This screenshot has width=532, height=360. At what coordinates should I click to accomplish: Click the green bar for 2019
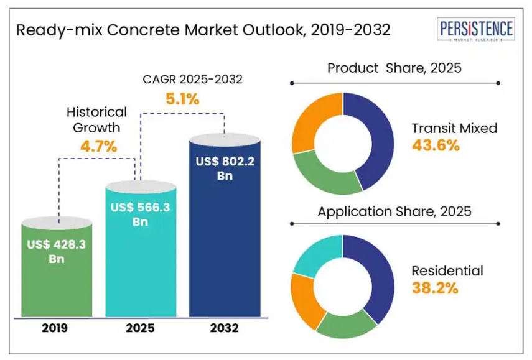coord(57,280)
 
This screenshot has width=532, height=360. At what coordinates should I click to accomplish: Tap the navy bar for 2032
coord(224,249)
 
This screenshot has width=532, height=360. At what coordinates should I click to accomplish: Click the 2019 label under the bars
coord(57,328)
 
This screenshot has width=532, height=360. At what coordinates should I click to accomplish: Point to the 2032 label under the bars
coord(224,328)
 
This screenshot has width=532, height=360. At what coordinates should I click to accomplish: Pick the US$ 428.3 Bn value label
coord(57,251)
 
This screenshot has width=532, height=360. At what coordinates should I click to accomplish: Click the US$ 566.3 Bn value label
coord(140,215)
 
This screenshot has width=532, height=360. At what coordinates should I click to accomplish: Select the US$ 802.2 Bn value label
coord(224,168)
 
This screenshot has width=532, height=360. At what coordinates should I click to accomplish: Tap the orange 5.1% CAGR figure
coord(182,98)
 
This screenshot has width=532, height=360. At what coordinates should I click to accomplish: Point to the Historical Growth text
coord(96,120)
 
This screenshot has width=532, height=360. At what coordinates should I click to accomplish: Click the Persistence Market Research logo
coord(477,30)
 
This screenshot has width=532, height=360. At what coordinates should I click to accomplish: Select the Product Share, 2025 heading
coord(394,68)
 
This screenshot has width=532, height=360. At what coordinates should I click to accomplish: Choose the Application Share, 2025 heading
coord(394,211)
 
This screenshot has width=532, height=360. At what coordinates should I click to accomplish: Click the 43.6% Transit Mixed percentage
coord(436,146)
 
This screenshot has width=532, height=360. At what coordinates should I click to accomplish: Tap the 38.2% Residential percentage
coord(435,288)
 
